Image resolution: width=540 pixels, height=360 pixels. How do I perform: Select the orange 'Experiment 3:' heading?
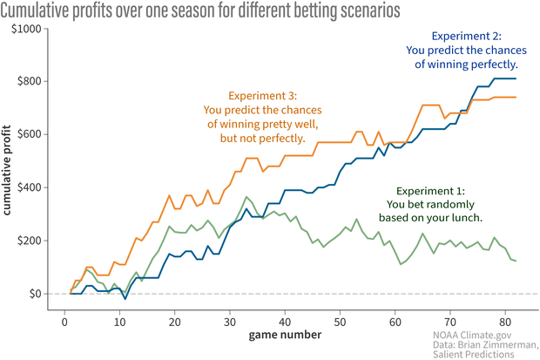click(262, 95)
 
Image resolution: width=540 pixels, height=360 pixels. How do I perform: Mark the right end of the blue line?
click(516, 79)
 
